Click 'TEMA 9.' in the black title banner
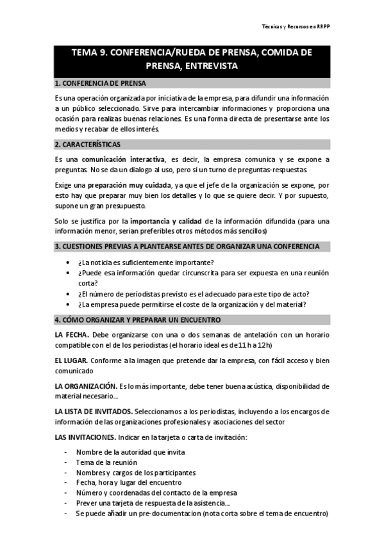point(90,53)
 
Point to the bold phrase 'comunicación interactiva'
point(121,159)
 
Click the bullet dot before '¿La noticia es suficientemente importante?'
point(68,263)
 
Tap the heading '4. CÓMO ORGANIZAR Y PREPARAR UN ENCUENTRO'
point(137,320)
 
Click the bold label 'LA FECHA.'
point(72,335)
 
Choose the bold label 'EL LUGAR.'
point(71,361)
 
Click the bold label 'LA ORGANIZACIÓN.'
point(85,386)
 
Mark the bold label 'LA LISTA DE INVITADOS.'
point(94,411)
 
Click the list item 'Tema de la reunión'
point(106,462)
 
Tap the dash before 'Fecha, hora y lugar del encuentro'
point(66,483)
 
